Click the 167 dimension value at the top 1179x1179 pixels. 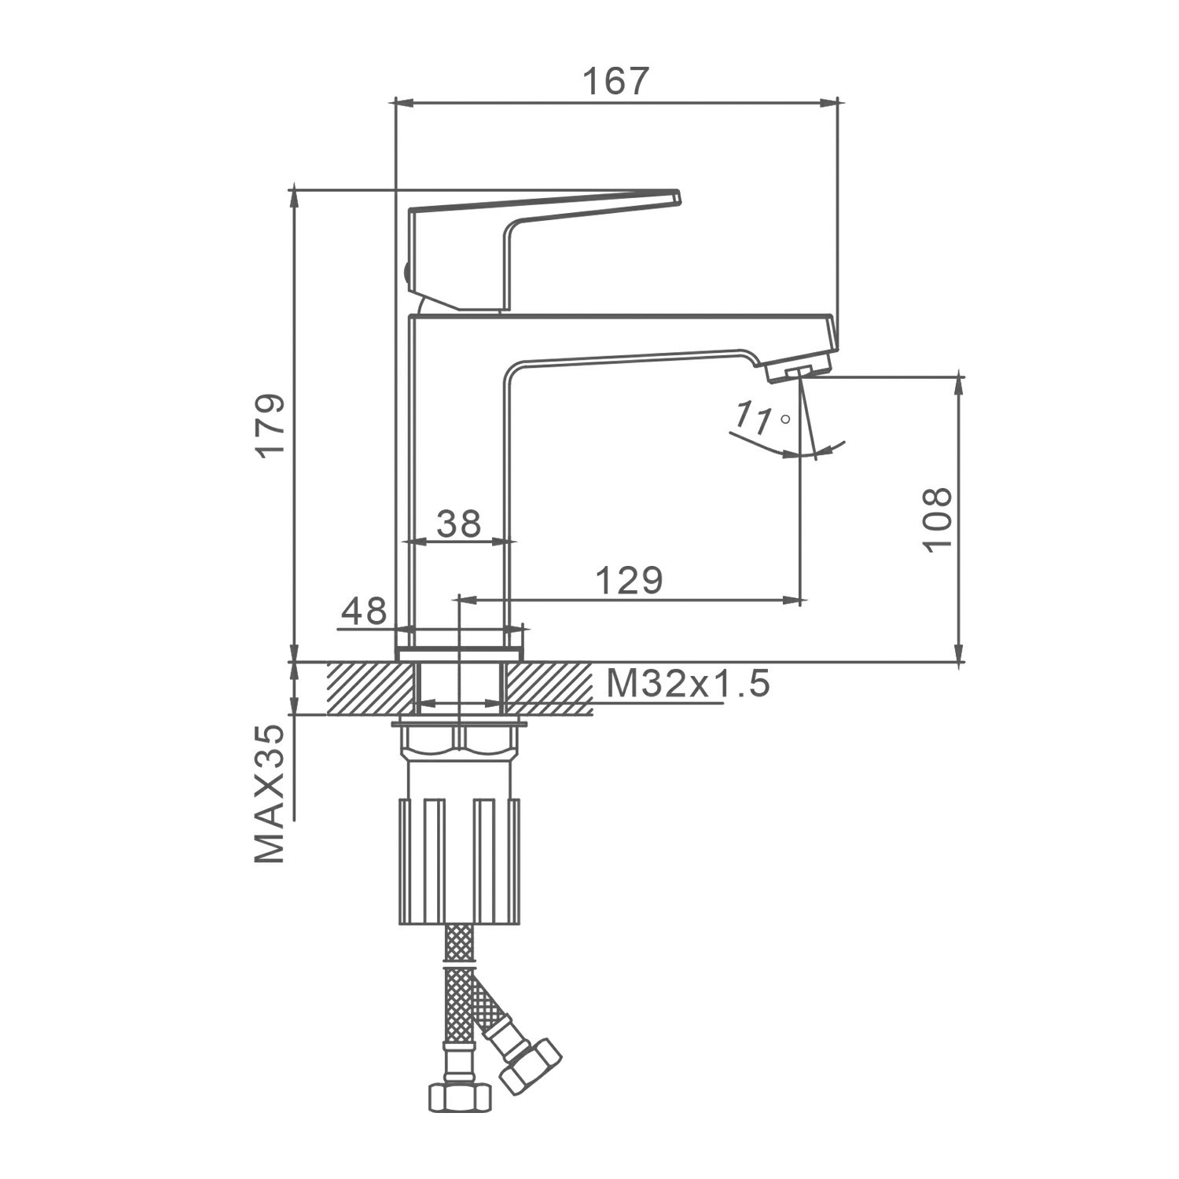coord(616,81)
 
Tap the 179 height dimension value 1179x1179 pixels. coord(272,425)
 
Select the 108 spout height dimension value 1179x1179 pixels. coord(937,520)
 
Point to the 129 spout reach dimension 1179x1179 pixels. coord(629,581)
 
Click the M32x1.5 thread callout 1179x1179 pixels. coord(688,685)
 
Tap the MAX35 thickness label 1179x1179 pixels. coord(270,794)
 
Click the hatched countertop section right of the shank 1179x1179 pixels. coord(547,689)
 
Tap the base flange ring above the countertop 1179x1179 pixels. coord(461,654)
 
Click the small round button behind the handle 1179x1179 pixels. coord(406,274)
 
